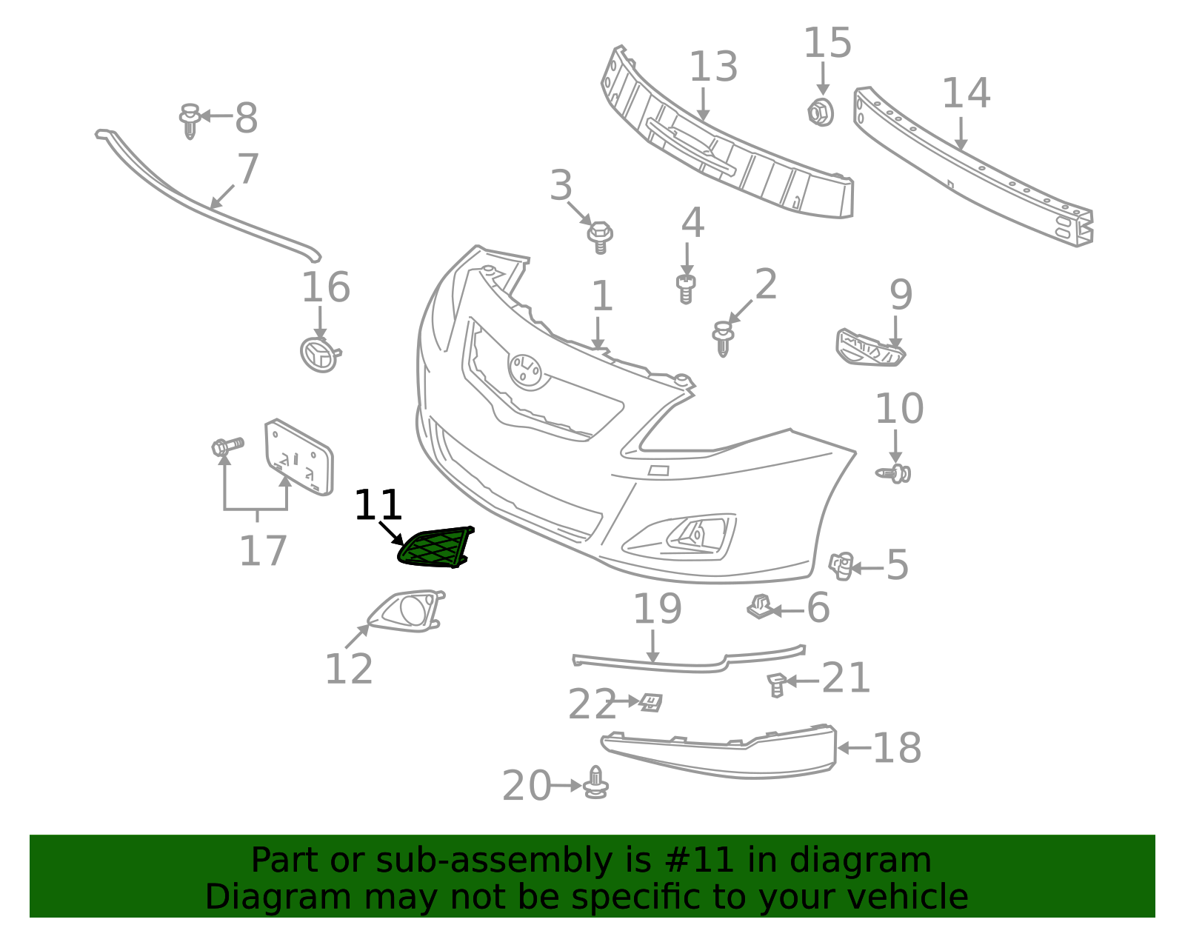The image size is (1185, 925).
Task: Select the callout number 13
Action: point(713,67)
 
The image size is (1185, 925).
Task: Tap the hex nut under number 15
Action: point(820,113)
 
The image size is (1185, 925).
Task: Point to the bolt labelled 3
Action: point(600,237)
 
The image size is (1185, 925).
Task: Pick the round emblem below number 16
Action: point(320,354)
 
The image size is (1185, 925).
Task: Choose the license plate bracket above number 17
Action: point(298,457)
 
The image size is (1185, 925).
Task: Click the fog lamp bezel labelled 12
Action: point(407,611)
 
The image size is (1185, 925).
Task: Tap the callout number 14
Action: point(966,93)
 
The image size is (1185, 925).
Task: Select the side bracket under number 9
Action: point(869,348)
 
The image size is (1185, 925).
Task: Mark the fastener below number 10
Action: point(894,473)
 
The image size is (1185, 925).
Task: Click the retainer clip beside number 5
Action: point(841,567)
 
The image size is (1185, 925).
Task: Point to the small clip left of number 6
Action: point(758,607)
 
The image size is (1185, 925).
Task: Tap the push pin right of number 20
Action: point(595,783)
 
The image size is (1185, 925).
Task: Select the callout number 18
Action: point(897,748)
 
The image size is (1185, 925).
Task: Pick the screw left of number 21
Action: point(777,685)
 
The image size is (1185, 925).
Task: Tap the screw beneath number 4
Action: point(686,289)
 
